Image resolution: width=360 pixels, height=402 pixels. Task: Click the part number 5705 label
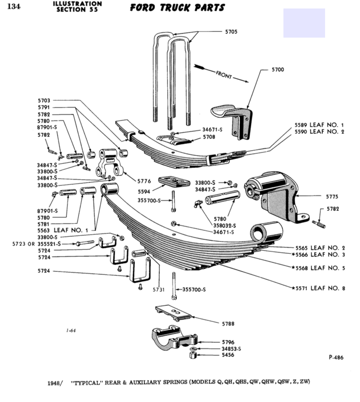pos(231,32)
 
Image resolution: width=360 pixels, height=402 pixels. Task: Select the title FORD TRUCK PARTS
pos(177,8)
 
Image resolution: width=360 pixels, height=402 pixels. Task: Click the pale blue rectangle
pos(304,23)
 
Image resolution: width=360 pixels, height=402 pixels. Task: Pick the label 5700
pos(278,70)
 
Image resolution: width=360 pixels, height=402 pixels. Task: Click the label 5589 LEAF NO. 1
pos(319,124)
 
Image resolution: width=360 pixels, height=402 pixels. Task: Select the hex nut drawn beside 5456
pos(192,355)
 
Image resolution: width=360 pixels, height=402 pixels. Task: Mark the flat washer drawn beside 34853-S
pos(192,348)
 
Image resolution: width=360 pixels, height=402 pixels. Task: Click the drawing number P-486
pos(336,357)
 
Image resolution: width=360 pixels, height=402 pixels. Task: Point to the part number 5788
pos(229,323)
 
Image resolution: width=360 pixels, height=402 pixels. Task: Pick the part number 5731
pos(159,290)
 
